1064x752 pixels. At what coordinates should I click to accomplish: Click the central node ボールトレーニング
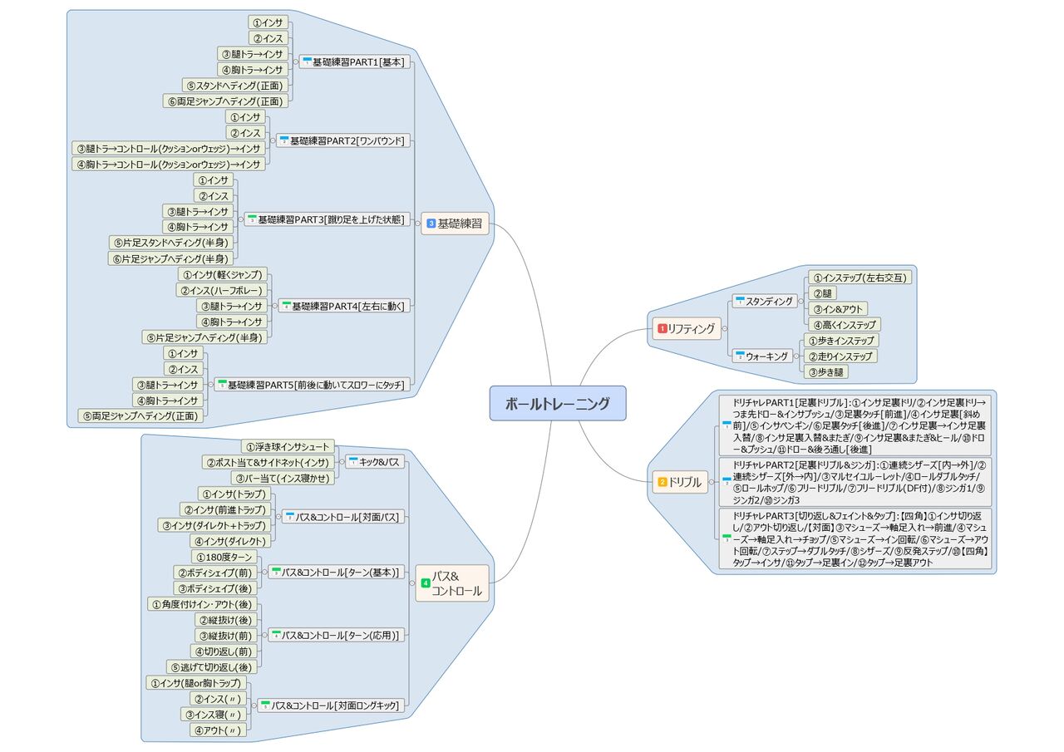(557, 404)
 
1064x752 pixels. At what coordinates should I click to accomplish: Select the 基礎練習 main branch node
(455, 223)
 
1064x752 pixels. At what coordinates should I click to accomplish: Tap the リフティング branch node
(687, 328)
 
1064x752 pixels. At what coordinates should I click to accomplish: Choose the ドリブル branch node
(680, 481)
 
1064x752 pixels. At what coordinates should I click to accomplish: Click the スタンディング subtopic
(765, 301)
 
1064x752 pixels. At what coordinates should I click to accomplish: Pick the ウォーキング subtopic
(764, 356)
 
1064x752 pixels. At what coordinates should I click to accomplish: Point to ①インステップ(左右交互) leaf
(860, 278)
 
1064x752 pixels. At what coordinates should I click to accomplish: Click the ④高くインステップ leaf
(844, 324)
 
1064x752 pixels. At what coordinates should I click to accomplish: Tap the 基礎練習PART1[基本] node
(353, 62)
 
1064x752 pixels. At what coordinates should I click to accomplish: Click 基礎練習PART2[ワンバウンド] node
(342, 140)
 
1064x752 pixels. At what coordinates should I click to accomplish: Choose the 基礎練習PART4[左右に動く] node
(342, 306)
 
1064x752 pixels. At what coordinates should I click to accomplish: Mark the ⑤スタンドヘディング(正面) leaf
(235, 86)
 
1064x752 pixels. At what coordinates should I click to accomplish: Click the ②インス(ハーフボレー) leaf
(221, 290)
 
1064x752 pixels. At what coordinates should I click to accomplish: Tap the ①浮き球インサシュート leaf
(288, 446)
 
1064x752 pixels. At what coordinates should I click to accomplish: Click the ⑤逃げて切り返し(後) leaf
(213, 666)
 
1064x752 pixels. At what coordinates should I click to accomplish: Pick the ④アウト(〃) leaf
(218, 730)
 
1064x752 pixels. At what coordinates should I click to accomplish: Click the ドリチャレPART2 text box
(856, 482)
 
